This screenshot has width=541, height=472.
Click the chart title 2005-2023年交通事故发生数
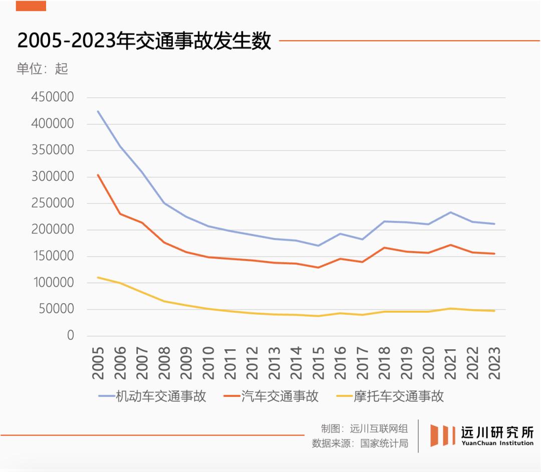[x=144, y=41]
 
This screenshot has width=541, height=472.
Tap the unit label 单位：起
[x=42, y=69]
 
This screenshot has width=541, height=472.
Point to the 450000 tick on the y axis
[x=53, y=97]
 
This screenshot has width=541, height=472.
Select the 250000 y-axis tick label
[x=53, y=203]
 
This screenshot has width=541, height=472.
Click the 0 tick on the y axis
[x=71, y=335]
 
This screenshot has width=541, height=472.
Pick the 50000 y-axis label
[x=56, y=309]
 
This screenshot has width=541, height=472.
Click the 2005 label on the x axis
[x=98, y=363]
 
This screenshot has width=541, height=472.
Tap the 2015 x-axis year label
[x=318, y=363]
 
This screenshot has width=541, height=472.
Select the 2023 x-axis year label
[x=494, y=363]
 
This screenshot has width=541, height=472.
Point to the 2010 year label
[x=208, y=363]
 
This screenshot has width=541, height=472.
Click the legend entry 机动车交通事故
[x=152, y=396]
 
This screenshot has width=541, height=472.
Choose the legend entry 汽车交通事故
[x=271, y=396]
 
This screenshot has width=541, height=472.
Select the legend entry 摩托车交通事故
[x=390, y=396]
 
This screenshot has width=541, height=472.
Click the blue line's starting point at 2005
[x=98, y=111]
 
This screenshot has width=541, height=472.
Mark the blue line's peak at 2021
[x=451, y=212]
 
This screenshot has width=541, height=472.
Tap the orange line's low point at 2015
[x=318, y=268]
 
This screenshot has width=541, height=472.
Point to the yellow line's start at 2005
[x=98, y=278]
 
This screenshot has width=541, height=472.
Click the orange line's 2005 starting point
[x=98, y=175]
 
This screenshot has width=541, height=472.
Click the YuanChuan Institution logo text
[x=497, y=443]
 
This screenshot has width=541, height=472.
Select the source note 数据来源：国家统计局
[x=360, y=443]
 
